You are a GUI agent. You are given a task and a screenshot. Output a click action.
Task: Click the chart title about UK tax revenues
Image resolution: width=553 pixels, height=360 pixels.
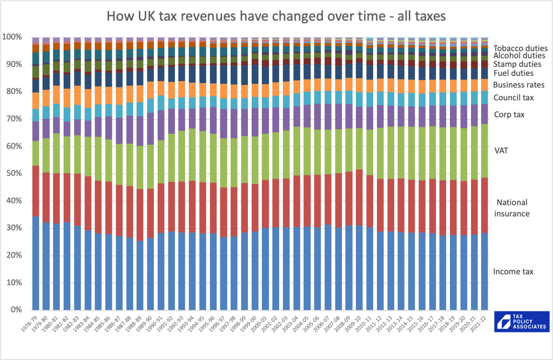[x=276, y=16]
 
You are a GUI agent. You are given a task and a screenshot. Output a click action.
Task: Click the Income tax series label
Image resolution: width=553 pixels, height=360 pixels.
[x=513, y=271]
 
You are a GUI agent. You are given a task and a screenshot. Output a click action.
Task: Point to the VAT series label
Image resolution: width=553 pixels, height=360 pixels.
[x=501, y=152]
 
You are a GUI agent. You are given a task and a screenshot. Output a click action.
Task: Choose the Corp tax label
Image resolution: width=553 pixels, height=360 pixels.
[x=509, y=114]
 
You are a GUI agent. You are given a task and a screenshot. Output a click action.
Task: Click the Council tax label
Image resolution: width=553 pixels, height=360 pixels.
[x=513, y=98]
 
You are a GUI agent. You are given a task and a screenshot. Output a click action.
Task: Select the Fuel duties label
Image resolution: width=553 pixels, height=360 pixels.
[x=514, y=73]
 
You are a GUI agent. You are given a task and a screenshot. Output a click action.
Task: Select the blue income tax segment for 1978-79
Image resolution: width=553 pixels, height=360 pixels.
[x=36, y=263]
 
